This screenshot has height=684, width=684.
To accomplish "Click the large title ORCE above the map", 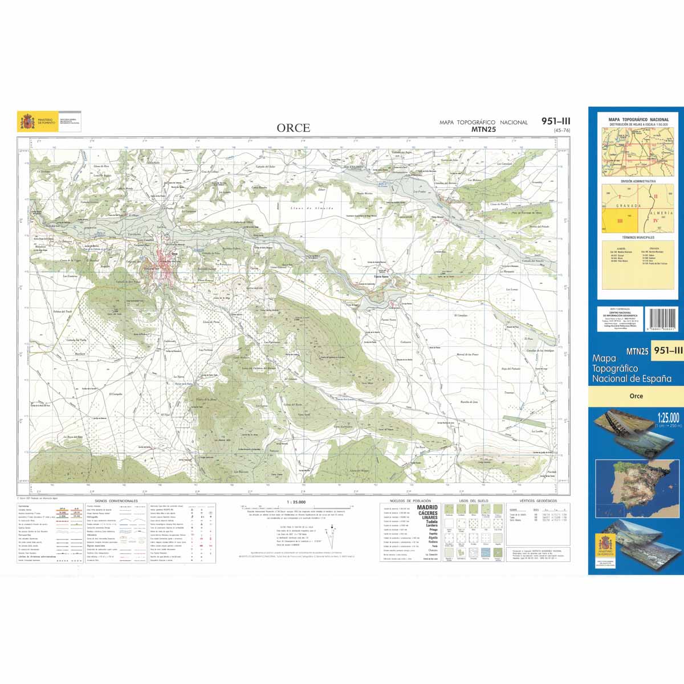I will tap(294, 128).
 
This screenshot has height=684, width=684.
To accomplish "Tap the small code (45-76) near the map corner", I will tap(561, 131).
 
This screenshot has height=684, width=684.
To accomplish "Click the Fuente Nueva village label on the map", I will tap(381, 277).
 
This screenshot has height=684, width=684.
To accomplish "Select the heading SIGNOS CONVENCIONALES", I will tap(117, 501).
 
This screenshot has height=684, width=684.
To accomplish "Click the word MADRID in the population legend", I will tap(427, 507).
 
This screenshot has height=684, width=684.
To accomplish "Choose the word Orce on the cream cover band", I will tap(636, 396).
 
